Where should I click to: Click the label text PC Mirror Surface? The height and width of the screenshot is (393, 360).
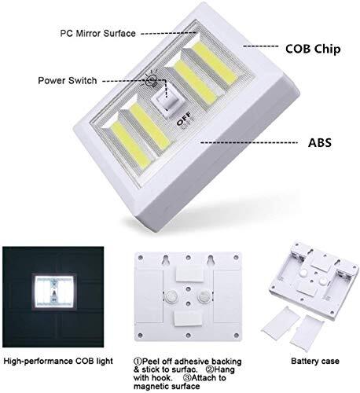coord(97,34)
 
